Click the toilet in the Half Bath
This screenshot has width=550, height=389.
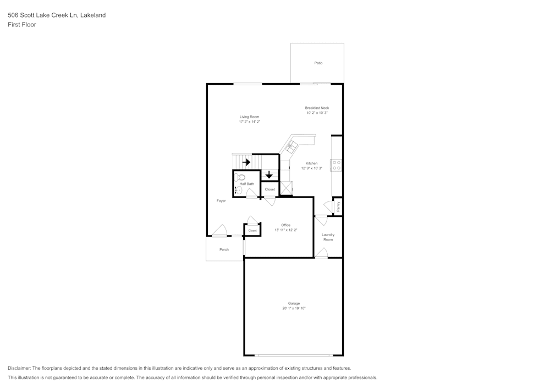[x=239, y=177]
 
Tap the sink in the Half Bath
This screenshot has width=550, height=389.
[x=238, y=190]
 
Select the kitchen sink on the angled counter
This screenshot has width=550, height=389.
[x=291, y=147]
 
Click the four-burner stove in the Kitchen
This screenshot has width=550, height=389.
[x=335, y=165]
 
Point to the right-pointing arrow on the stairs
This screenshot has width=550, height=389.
[x=246, y=162]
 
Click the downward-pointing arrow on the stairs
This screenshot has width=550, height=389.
[x=269, y=175]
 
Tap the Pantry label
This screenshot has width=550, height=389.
[x=338, y=206]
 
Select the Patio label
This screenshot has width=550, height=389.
[x=318, y=63]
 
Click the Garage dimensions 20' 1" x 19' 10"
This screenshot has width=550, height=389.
[x=294, y=309]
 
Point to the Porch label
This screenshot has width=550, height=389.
[x=224, y=249]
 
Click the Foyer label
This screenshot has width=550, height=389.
[x=221, y=201]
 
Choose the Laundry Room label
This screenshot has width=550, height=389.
[x=328, y=237]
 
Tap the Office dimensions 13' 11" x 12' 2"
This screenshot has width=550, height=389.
[x=285, y=230]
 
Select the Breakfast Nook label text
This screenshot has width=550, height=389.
[x=317, y=108]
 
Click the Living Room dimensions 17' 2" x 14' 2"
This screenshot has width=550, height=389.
[x=249, y=122]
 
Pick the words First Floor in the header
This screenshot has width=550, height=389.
[x=22, y=25]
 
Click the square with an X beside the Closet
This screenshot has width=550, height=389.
[x=285, y=189]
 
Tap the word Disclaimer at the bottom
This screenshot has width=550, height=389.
[x=19, y=368]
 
